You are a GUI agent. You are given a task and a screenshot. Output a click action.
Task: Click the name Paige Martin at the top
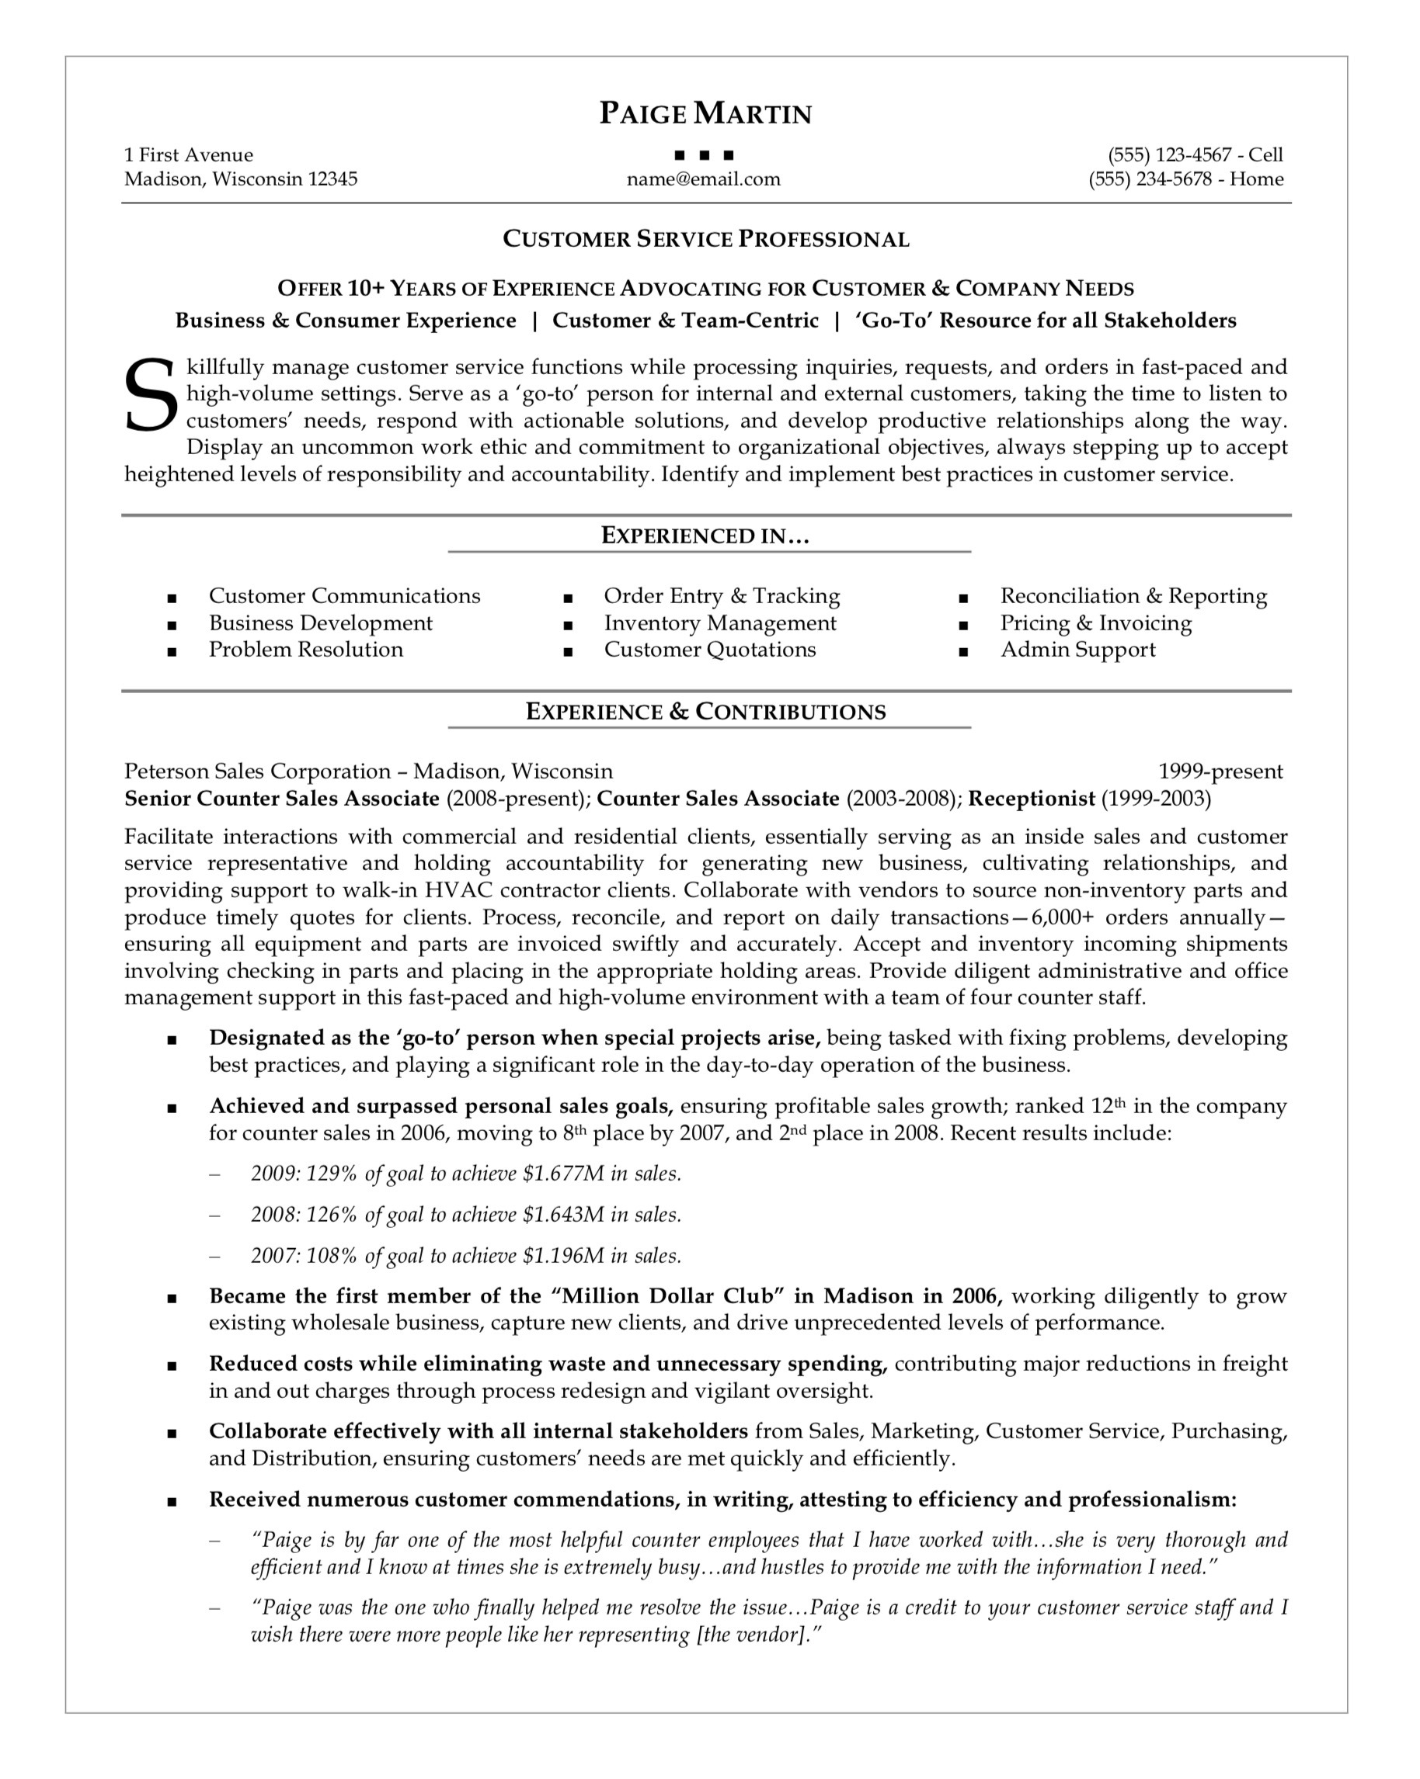tap(705, 113)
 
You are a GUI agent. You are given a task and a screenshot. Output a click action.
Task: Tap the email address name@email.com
tap(702, 179)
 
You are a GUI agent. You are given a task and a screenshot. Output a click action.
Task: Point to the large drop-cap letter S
tap(151, 394)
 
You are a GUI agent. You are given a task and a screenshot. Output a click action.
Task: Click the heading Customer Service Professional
tap(705, 239)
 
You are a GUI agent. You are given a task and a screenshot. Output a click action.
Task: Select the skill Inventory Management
tap(719, 623)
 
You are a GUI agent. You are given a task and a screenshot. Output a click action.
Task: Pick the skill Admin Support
tap(1077, 650)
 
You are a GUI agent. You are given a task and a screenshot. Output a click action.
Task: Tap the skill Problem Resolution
tap(305, 650)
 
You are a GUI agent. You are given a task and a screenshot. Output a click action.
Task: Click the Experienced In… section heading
tap(705, 536)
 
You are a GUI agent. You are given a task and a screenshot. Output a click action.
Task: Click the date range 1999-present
tap(1220, 772)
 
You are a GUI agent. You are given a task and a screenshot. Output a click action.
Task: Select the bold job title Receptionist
tap(1030, 799)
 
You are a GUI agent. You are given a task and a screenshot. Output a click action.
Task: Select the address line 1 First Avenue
tap(188, 155)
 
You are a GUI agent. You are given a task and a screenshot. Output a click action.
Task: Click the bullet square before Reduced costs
tap(172, 1366)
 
